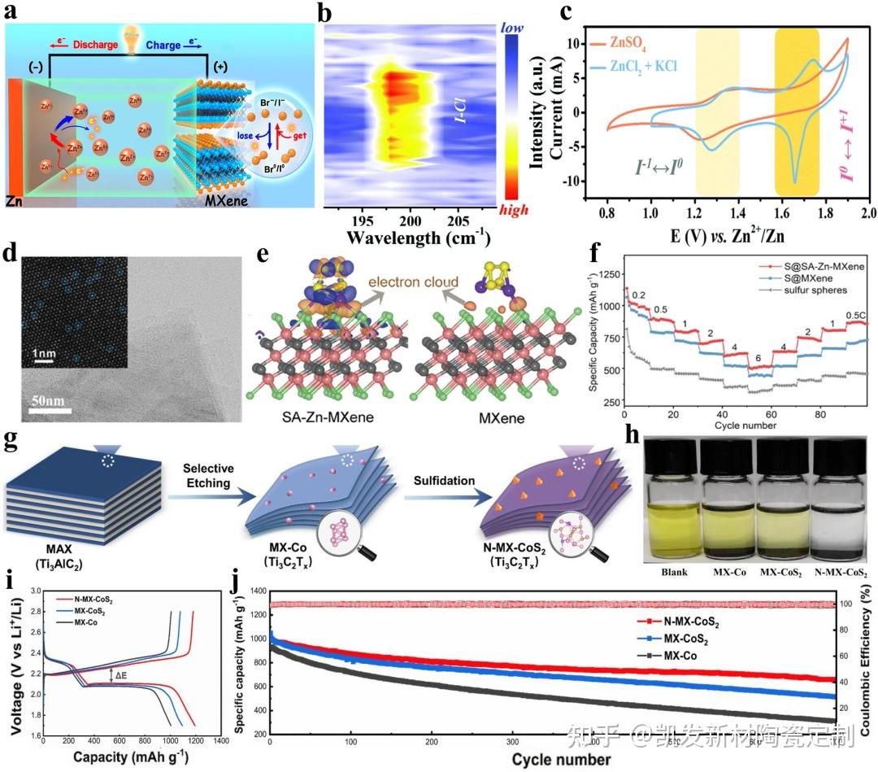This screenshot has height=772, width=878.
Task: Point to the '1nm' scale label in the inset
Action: pos(44,355)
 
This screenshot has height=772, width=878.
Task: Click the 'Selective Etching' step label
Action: pos(209,476)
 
